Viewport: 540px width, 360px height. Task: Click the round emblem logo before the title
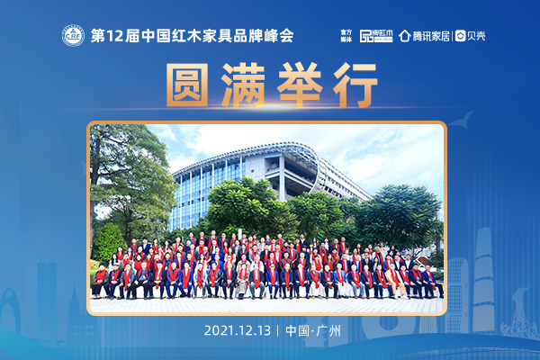(72, 37)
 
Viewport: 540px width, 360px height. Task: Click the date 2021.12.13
(238, 330)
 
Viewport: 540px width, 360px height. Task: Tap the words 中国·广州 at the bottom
(312, 330)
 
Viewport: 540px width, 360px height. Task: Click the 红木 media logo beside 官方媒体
(377, 36)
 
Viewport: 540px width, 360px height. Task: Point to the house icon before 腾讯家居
(405, 36)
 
